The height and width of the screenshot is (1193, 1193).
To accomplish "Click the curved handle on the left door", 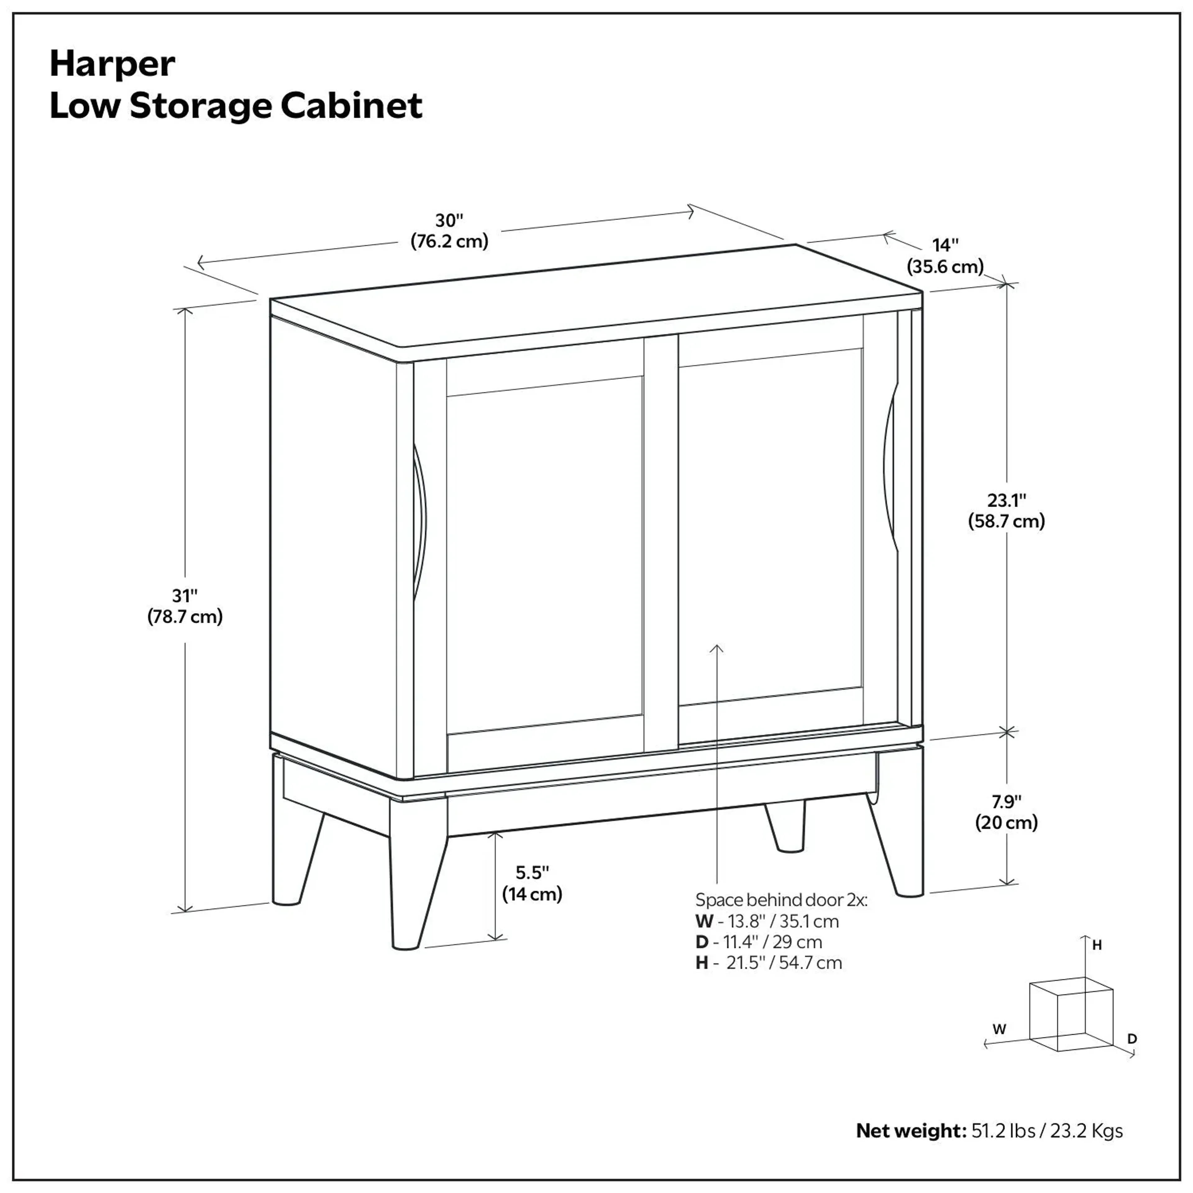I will (420, 522).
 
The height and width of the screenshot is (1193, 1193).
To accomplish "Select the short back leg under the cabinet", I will (785, 826).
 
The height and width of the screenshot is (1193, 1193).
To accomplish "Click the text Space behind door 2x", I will (781, 900).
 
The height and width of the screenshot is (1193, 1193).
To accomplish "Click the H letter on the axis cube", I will (1097, 945).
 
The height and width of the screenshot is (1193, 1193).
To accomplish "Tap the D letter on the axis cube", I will (1132, 1039).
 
